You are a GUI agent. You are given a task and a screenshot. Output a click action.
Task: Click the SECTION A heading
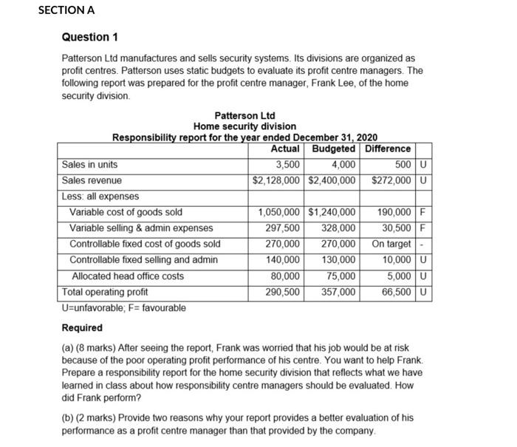click(x=66, y=10)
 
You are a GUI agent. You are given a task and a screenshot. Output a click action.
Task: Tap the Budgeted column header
click(x=334, y=149)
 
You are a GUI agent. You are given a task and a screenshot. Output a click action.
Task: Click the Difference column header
click(x=388, y=149)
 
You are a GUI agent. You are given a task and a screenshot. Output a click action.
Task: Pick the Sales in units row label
click(x=89, y=164)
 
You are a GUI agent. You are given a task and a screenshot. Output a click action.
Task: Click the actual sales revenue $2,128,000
click(x=276, y=180)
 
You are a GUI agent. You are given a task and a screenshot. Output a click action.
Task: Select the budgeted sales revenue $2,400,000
click(x=332, y=180)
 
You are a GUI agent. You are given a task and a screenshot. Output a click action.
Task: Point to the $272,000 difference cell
click(x=391, y=180)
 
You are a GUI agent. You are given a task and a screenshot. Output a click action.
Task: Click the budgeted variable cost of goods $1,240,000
click(x=332, y=212)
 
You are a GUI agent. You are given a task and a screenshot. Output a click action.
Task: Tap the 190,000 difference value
click(x=394, y=212)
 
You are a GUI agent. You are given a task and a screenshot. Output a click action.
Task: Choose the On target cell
click(x=391, y=244)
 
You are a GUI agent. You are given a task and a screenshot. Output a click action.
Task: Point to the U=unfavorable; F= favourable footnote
click(x=123, y=307)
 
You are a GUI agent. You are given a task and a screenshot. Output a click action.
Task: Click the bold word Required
click(x=82, y=328)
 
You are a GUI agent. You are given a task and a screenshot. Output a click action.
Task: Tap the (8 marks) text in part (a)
click(x=101, y=347)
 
